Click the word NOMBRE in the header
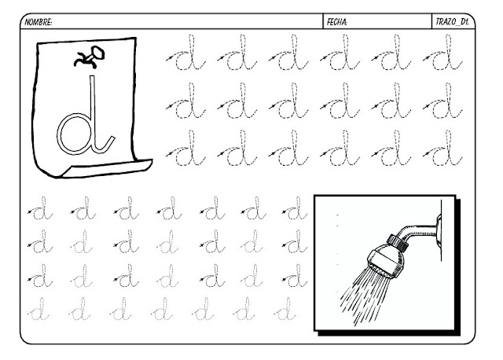click(39, 22)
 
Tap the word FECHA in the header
click(337, 22)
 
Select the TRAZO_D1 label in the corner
click(452, 22)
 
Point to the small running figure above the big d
click(90, 57)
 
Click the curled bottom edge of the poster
click(108, 168)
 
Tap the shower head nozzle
click(385, 260)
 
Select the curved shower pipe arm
click(417, 231)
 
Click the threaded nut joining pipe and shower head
click(398, 243)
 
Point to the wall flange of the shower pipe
click(439, 231)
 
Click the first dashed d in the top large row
click(186, 53)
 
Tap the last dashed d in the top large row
click(443, 53)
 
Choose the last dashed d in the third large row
click(443, 149)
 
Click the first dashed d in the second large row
click(186, 101)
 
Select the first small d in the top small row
click(40, 208)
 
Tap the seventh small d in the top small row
click(296, 208)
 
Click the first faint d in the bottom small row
click(39, 309)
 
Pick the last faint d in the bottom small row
click(285, 309)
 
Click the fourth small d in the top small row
click(170, 208)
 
